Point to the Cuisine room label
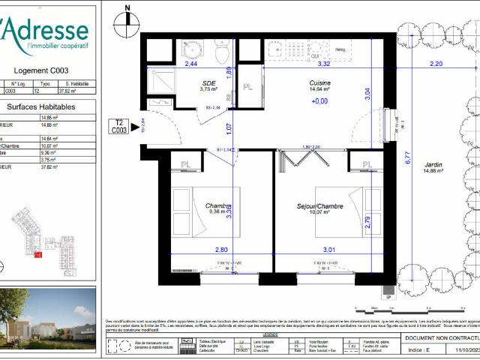(320, 83)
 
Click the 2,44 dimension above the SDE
(190, 64)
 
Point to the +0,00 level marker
(320, 100)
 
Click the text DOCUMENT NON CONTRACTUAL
(439, 338)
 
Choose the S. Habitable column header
(78, 84)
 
